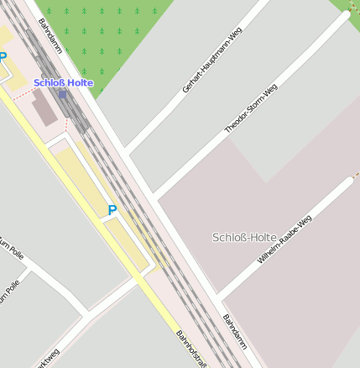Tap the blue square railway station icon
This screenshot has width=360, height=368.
coord(62,94)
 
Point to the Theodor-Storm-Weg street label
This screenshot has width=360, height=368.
coord(251,109)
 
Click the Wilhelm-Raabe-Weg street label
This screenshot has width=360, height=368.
coord(284,239)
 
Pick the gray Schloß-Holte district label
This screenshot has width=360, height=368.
coord(244,237)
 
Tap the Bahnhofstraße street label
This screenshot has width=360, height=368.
coord(190,348)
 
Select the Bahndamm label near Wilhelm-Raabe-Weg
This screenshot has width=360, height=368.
coord(235,332)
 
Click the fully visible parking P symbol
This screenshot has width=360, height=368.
coord(112,210)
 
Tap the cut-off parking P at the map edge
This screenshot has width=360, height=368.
coord(3,58)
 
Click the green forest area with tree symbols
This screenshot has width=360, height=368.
coord(101,34)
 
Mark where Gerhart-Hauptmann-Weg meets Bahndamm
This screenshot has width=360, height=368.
coord(125,154)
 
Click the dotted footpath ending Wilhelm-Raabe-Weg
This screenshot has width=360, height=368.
coord(355,175)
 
